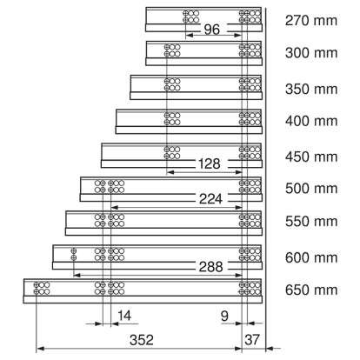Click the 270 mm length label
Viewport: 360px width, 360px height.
pos(311,21)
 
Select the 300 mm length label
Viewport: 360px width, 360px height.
pos(311,53)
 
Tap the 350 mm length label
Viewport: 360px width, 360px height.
pos(311,89)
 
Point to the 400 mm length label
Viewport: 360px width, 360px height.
pos(311,121)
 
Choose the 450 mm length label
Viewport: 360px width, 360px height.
pos(311,157)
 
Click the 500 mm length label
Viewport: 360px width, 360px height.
pos(311,189)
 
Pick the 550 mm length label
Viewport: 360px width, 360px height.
pos(311,222)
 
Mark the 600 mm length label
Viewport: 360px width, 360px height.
pos(311,257)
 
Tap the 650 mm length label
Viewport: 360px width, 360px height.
pos(311,290)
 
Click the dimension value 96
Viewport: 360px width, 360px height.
pos(212,30)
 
